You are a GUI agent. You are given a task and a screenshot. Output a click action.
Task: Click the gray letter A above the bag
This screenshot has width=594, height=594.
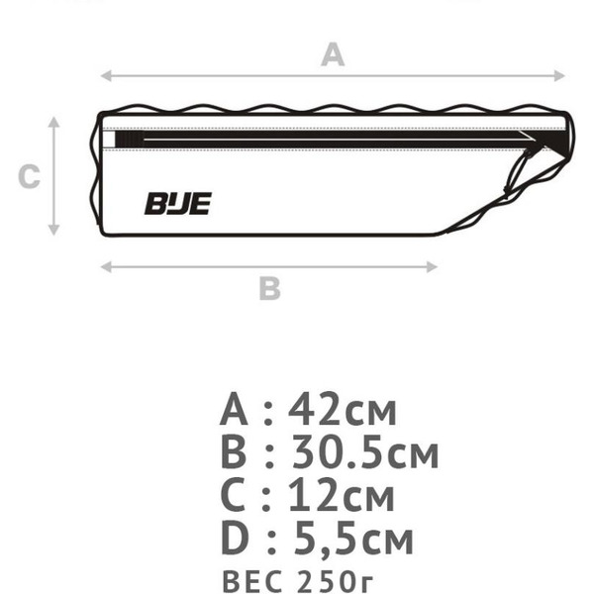(333, 54)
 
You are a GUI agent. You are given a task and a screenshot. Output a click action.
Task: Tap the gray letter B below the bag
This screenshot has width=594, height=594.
(269, 289)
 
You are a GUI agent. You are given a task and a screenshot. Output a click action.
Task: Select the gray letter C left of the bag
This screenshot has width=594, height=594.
(29, 176)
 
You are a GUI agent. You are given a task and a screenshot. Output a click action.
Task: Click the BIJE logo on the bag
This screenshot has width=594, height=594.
(177, 204)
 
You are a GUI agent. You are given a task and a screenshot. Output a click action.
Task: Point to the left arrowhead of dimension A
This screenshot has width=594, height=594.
(106, 76)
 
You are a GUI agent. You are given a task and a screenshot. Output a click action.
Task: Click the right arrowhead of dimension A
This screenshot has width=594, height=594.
(559, 76)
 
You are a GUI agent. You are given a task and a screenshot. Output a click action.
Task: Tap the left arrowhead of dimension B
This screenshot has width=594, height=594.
(106, 267)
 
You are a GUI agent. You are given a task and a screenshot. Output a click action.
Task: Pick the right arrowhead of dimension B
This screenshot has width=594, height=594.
(433, 267)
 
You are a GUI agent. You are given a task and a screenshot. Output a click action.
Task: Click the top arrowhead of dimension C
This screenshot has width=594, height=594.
(53, 122)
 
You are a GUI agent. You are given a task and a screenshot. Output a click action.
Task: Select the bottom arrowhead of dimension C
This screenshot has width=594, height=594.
(53, 230)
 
